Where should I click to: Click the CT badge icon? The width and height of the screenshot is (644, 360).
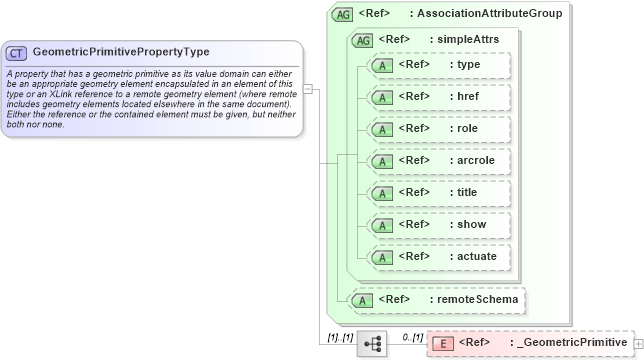[x=16, y=52]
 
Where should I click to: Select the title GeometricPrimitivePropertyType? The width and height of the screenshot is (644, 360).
[x=121, y=51]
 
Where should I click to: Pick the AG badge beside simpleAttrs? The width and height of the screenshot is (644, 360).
[x=362, y=39]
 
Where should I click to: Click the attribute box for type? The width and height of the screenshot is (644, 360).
[x=440, y=65]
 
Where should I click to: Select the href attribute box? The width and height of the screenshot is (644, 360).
[x=440, y=97]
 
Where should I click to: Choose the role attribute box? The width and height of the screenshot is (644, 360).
[x=440, y=129]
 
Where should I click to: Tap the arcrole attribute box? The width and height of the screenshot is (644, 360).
[x=440, y=161]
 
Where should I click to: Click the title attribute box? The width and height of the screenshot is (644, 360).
[x=440, y=193]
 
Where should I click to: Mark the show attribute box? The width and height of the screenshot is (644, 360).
[x=440, y=225]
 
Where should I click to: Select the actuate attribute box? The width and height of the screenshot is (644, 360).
[x=440, y=257]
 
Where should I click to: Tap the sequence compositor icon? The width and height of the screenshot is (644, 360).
[x=373, y=344]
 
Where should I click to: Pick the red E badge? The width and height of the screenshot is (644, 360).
[x=442, y=344]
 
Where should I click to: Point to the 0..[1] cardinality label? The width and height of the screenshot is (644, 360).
[x=412, y=336]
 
